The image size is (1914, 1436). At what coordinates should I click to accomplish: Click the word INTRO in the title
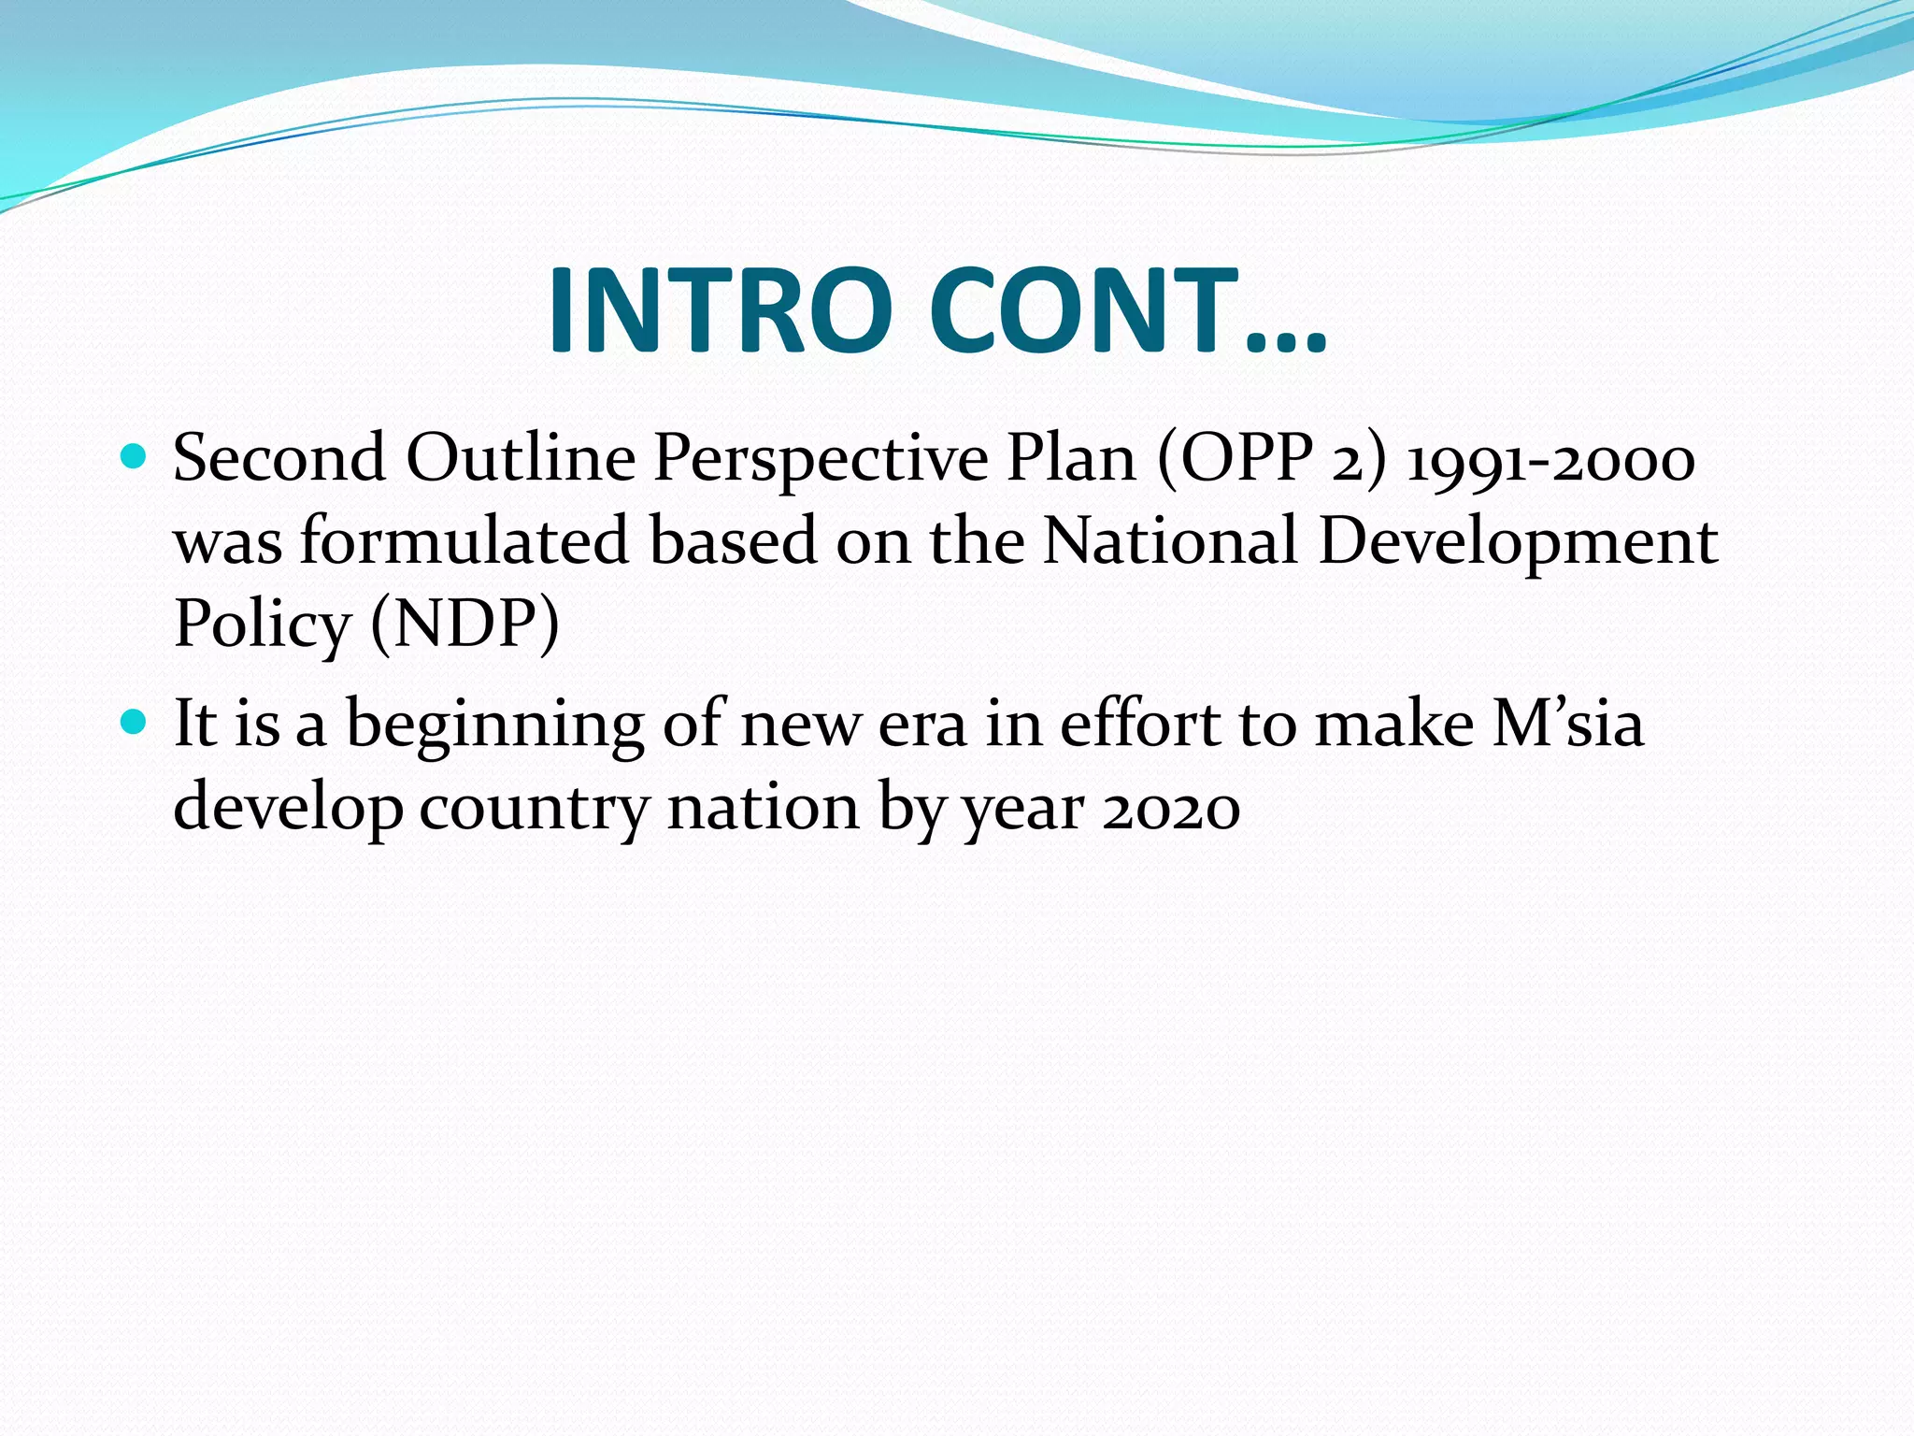(x=720, y=310)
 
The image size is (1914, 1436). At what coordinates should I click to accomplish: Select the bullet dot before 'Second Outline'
(x=136, y=456)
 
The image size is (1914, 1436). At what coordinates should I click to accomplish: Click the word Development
(x=1518, y=543)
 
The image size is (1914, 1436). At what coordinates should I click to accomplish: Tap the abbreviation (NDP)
(x=464, y=624)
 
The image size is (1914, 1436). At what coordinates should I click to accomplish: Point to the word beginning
(x=495, y=726)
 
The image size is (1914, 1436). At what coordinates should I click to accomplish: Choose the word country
(x=534, y=808)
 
